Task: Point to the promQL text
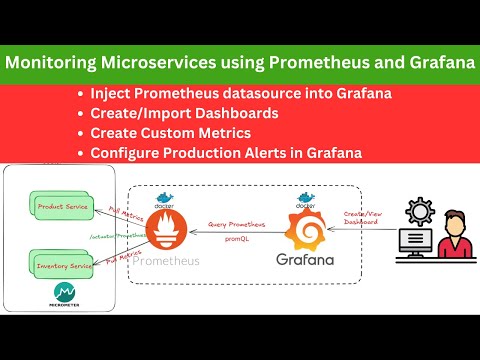point(237,241)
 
